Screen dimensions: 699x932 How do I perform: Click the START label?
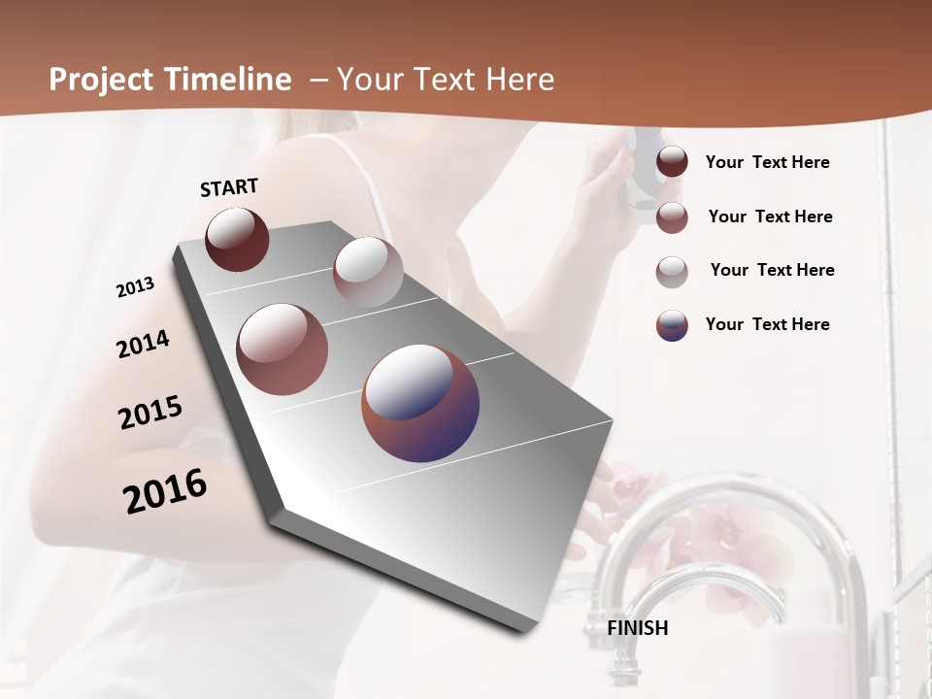tap(229, 187)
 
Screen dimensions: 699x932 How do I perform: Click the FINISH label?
tap(638, 628)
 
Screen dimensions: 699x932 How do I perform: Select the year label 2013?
tap(135, 287)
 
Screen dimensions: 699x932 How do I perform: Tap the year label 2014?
tap(143, 344)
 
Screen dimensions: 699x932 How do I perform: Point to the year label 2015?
tap(150, 412)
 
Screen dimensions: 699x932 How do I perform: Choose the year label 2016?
tap(165, 490)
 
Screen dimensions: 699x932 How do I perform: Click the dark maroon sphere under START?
tap(237, 239)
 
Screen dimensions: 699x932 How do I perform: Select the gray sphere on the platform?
tap(368, 272)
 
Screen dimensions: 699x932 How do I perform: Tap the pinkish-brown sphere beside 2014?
tap(283, 349)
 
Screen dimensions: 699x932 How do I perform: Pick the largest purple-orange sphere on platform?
tap(420, 402)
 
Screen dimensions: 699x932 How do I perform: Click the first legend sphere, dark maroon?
tap(672, 162)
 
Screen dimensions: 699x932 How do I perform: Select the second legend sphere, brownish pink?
tap(672, 217)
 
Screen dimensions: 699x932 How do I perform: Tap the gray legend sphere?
tap(672, 271)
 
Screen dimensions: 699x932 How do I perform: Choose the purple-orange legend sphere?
tap(672, 325)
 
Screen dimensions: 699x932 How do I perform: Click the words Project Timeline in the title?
tap(170, 80)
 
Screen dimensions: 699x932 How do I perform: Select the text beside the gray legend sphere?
tap(772, 270)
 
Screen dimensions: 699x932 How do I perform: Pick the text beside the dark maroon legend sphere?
tap(767, 162)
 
